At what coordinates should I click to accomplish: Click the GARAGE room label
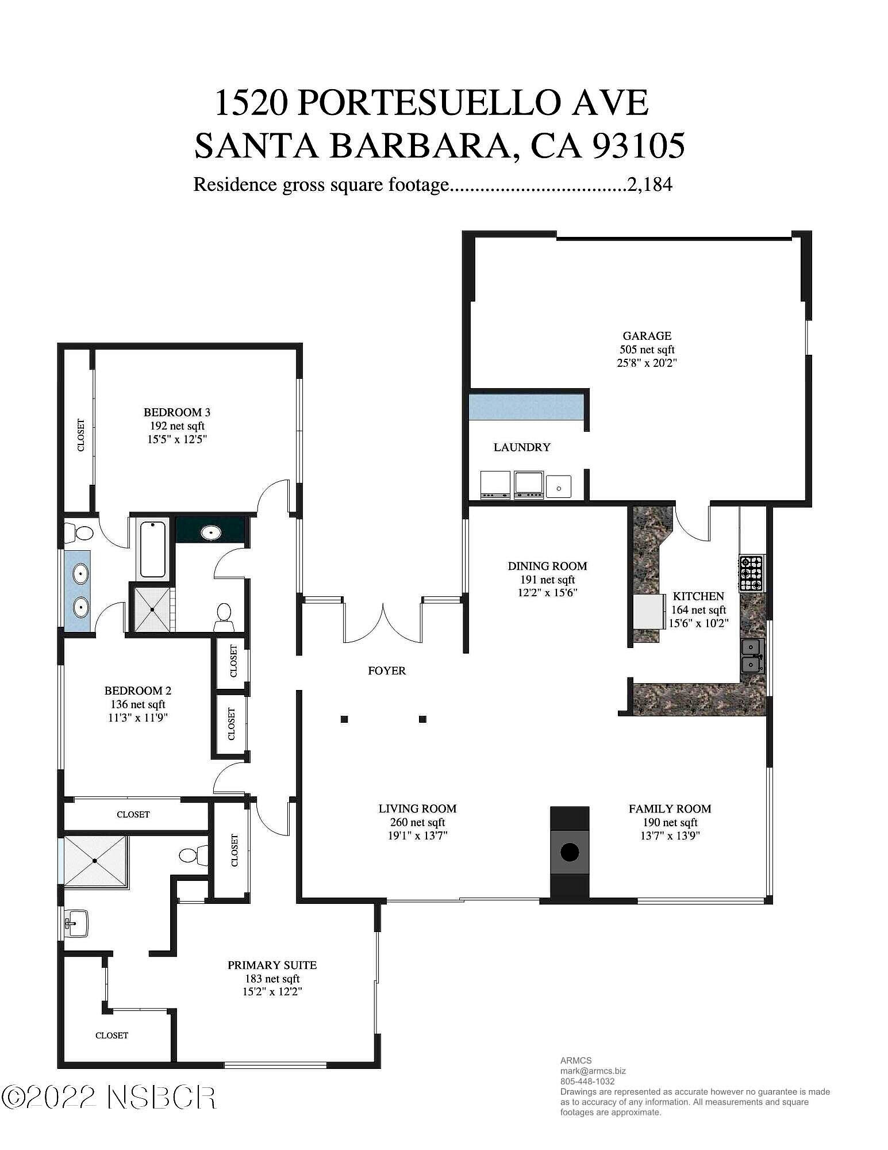pyautogui.click(x=647, y=336)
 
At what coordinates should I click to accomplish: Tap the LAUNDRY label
pyautogui.click(x=522, y=447)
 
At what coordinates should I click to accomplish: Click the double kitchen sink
pyautogui.click(x=753, y=655)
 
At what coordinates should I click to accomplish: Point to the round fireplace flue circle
pyautogui.click(x=569, y=852)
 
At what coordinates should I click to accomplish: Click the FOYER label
pyautogui.click(x=387, y=670)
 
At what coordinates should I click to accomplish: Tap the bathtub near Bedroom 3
pyautogui.click(x=153, y=549)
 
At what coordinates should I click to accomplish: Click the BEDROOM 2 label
pyautogui.click(x=138, y=691)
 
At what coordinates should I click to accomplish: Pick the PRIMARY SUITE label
pyautogui.click(x=272, y=965)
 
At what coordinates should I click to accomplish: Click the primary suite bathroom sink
pyautogui.click(x=75, y=922)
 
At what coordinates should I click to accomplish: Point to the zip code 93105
pyautogui.click(x=638, y=145)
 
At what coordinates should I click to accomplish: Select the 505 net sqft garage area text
pyautogui.click(x=647, y=350)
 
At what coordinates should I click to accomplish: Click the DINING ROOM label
pyautogui.click(x=547, y=566)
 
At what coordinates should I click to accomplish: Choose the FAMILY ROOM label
pyautogui.click(x=670, y=809)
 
